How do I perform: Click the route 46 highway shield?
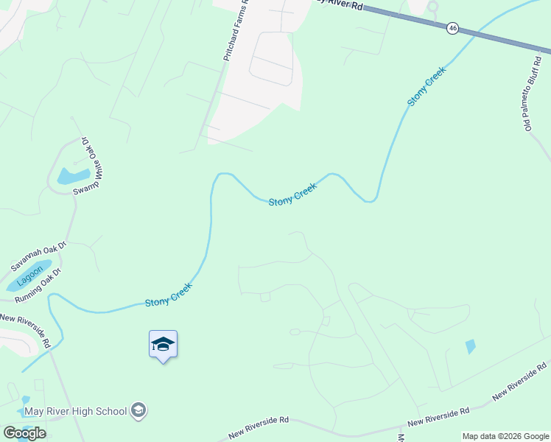(x=452, y=28)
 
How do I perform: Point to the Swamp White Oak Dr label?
(x=86, y=166)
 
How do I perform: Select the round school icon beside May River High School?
(x=138, y=410)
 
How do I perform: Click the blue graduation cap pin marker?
(x=163, y=345)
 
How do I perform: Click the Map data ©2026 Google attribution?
(x=505, y=436)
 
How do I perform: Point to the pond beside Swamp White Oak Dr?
(x=72, y=176)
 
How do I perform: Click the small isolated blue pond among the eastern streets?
(x=470, y=345)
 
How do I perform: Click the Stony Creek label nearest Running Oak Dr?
(x=169, y=296)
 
